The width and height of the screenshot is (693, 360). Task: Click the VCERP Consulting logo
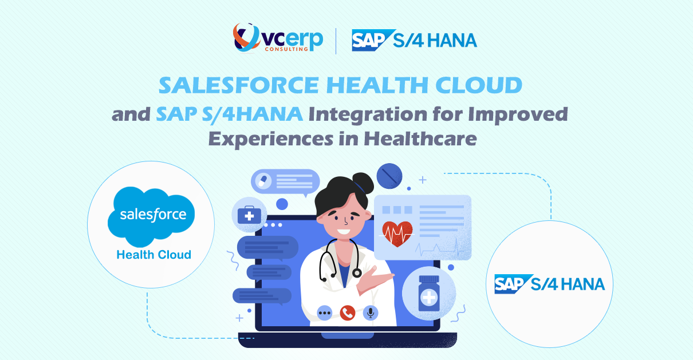277,39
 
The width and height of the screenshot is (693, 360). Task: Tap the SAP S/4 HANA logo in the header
414,40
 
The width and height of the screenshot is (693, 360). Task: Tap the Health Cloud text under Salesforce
153,255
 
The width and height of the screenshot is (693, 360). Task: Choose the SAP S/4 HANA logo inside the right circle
549,284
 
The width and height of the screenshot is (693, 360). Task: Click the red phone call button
347,312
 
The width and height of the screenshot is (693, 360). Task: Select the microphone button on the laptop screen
371,312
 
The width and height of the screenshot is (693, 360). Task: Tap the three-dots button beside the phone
325,312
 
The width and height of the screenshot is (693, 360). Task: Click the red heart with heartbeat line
397,232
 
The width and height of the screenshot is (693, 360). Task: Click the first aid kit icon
249,216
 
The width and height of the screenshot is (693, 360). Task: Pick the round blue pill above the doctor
389,175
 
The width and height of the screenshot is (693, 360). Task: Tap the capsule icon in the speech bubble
264,181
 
